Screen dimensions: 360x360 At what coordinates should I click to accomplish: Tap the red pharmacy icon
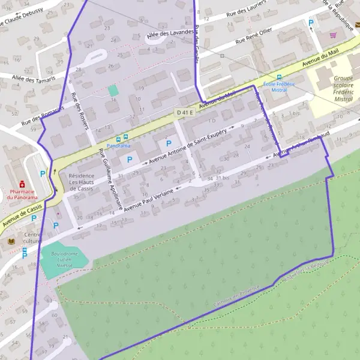[22, 183]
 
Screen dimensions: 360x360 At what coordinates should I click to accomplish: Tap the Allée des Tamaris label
[32, 78]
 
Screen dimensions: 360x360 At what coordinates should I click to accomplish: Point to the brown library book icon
[11, 241]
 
